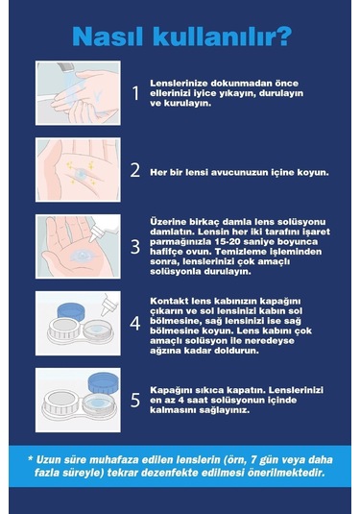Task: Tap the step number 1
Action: click(135, 94)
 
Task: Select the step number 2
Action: click(135, 171)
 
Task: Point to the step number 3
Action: click(135, 246)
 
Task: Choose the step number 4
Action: click(135, 323)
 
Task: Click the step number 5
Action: click(135, 400)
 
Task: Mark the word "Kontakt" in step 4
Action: click(171, 300)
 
